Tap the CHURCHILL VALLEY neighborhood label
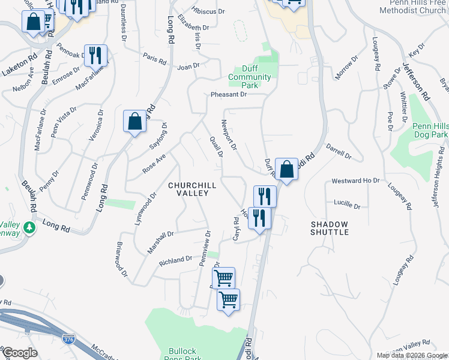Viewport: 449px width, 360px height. coord(188,189)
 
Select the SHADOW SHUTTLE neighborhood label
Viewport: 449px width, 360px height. coord(330,227)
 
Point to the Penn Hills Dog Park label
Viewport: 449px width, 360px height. coord(430,131)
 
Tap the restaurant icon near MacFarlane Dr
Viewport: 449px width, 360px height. coord(95,56)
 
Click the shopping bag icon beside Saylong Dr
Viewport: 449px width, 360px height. coord(135,121)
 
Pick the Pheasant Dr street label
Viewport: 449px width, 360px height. coord(228,95)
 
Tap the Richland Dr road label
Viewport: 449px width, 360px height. coord(175,260)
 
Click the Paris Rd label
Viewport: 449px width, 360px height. coord(154,58)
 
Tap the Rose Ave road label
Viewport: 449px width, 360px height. coord(154,162)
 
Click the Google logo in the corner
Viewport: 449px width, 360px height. coord(19,353)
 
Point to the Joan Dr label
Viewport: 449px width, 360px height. coord(188,67)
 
